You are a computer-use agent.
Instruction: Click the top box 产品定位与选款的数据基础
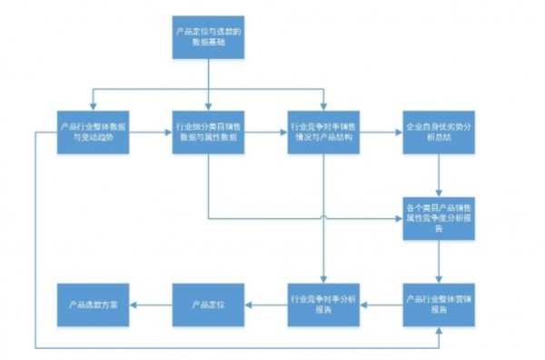tap(210, 37)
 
